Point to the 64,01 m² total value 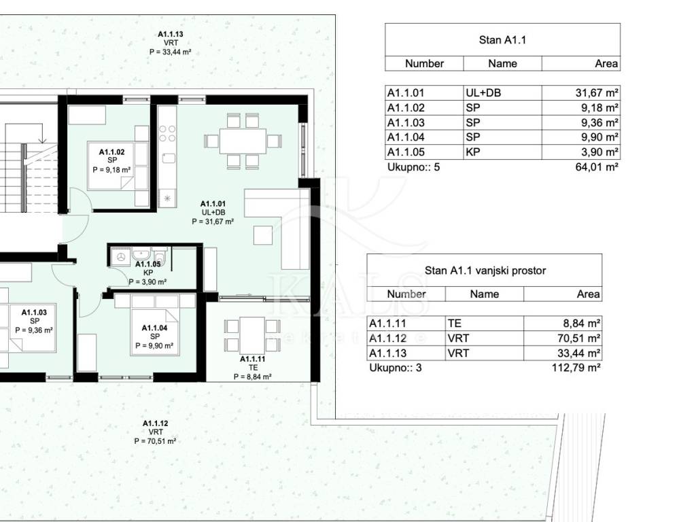pyautogui.click(x=597, y=167)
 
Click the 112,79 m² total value pyautogui.click(x=576, y=368)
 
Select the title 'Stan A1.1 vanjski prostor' pyautogui.click(x=485, y=271)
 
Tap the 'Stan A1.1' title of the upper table pyautogui.click(x=502, y=40)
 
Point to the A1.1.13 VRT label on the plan pyautogui.click(x=171, y=43)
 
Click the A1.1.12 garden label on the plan pyautogui.click(x=156, y=432)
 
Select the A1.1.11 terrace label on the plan pyautogui.click(x=253, y=368)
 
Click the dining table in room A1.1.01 pyautogui.click(x=243, y=141)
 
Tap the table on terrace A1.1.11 pyautogui.click(x=252, y=335)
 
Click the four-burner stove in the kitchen pyautogui.click(x=167, y=133)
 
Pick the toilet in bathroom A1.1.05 pyautogui.click(x=160, y=256)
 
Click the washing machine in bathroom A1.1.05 pyautogui.click(x=121, y=256)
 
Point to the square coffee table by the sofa pyautogui.click(x=263, y=234)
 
